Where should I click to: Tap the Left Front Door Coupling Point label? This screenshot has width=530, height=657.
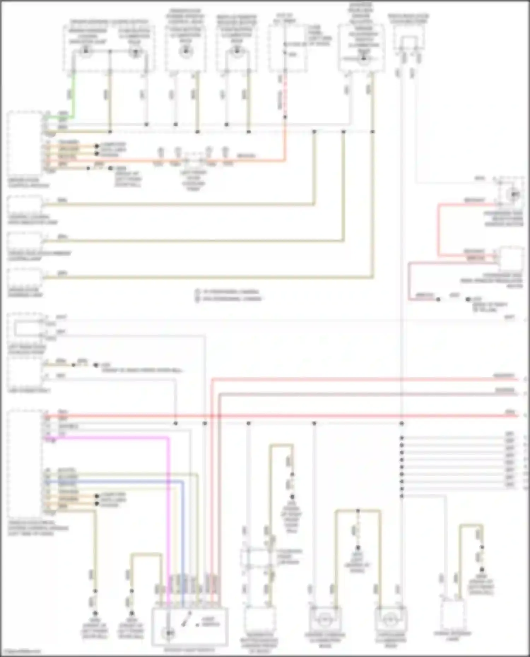(194, 180)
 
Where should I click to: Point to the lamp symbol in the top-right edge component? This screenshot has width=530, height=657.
(515, 195)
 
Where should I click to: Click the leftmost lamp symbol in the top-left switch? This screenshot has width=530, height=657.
(85, 52)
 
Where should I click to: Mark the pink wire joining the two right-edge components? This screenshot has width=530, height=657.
(438, 229)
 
